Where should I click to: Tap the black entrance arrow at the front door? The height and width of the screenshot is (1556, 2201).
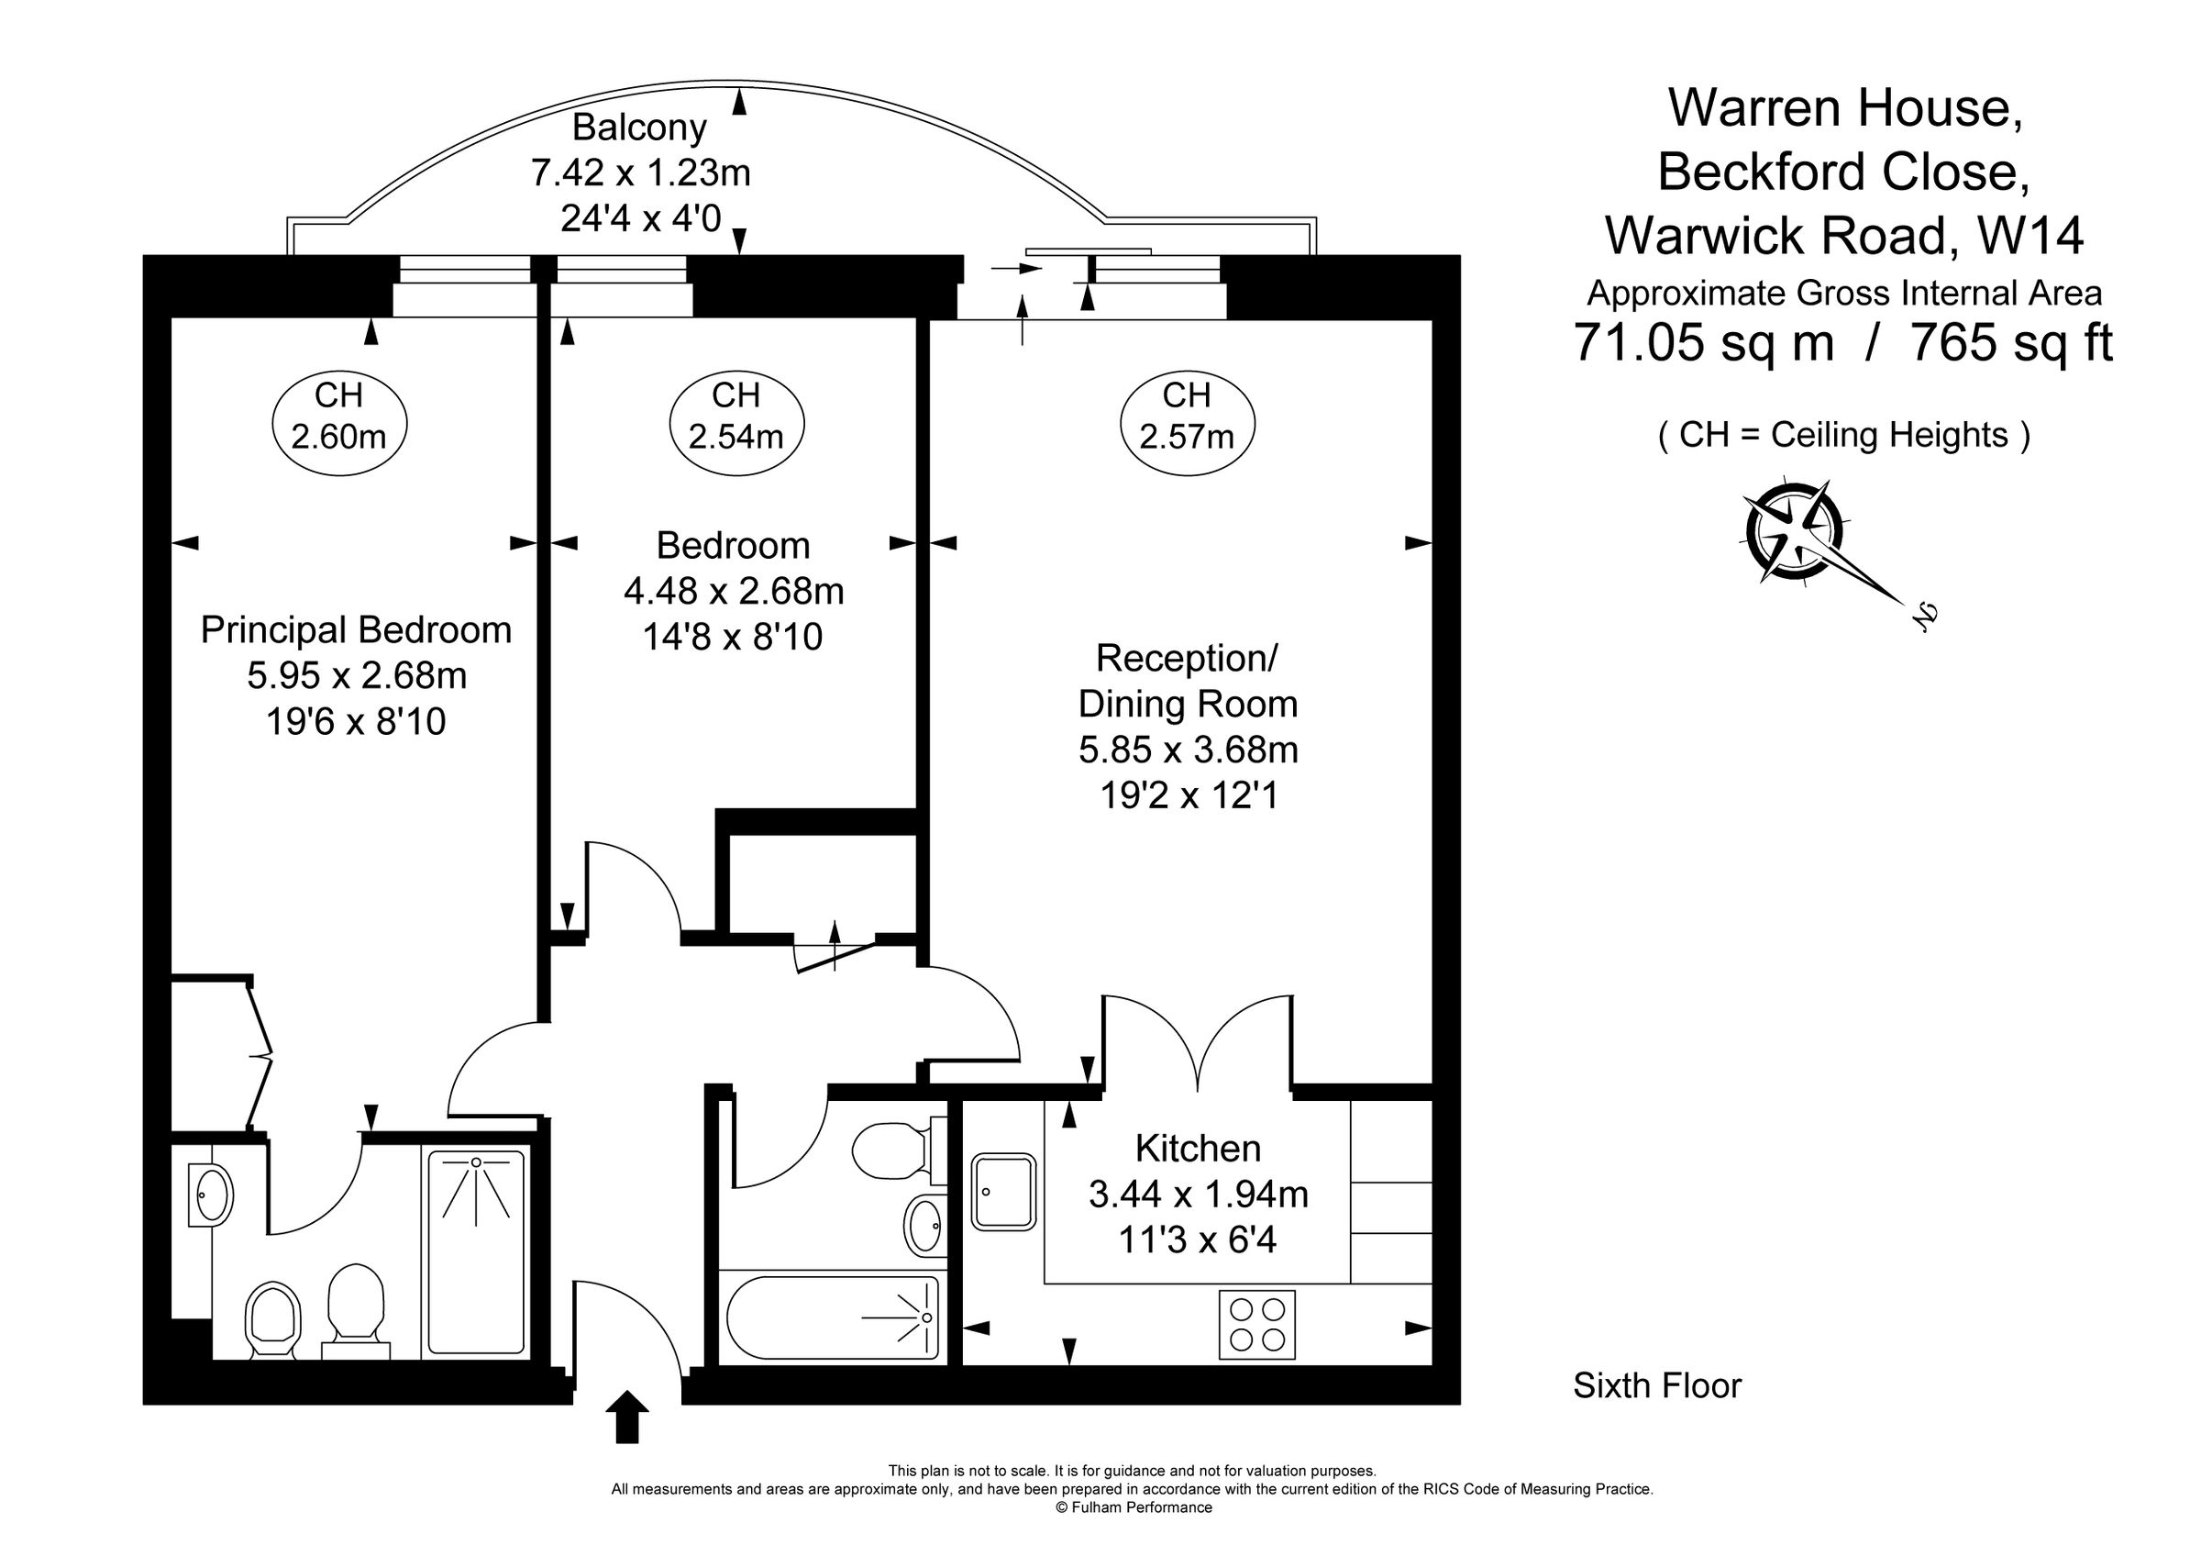click(x=627, y=1416)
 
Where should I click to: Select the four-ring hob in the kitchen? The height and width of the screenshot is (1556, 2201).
click(x=1256, y=1325)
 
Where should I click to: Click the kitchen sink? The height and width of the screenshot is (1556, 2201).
click(x=1003, y=1192)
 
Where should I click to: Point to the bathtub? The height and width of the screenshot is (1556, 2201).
click(x=833, y=1317)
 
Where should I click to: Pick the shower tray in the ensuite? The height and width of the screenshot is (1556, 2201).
click(x=477, y=1252)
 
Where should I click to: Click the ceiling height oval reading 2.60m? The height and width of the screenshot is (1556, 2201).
click(x=339, y=423)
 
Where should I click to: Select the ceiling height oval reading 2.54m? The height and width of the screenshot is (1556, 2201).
click(x=736, y=423)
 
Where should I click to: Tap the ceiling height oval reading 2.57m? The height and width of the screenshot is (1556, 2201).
click(x=1187, y=423)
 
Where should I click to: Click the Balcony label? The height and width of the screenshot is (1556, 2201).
click(x=639, y=128)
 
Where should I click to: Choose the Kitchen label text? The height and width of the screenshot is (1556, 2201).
click(x=1198, y=1148)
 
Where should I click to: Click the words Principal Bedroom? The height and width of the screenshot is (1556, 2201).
click(x=357, y=630)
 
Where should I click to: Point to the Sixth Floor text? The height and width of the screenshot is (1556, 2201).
click(x=1657, y=1385)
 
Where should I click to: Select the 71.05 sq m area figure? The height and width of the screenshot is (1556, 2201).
click(x=1705, y=342)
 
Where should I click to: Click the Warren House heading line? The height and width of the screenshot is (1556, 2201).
click(x=1845, y=107)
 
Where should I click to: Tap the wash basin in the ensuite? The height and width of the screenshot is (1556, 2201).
click(x=211, y=1195)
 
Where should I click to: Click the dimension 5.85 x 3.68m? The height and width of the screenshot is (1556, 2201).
click(x=1189, y=750)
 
